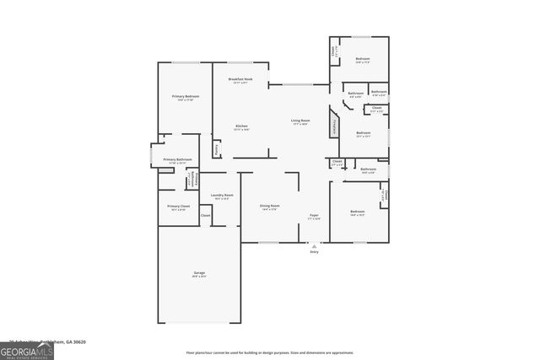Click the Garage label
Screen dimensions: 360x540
pyautogui.click(x=200, y=273)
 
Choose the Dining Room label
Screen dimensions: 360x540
pyautogui.click(x=269, y=207)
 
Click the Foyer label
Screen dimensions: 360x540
pyautogui.click(x=313, y=216)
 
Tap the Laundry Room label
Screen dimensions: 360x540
pyautogui.click(x=222, y=196)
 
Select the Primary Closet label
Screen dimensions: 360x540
pyautogui.click(x=178, y=207)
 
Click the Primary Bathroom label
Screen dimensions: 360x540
pyautogui.click(x=178, y=160)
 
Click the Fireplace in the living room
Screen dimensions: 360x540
pyautogui.click(x=335, y=128)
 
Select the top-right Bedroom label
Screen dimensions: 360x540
pyautogui.click(x=362, y=60)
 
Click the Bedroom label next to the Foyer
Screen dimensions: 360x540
pyautogui.click(x=358, y=212)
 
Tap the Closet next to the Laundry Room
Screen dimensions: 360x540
pyautogui.click(x=206, y=216)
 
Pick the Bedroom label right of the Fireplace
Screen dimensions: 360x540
pyautogui.click(x=363, y=133)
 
